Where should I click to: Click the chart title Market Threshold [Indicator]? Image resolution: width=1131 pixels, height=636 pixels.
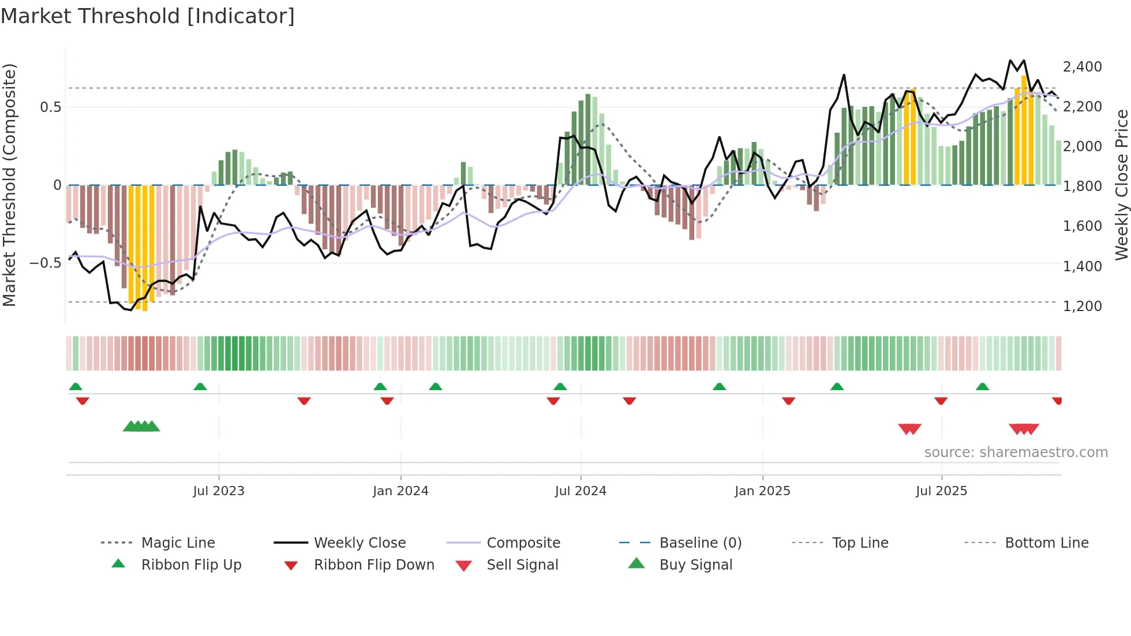148,16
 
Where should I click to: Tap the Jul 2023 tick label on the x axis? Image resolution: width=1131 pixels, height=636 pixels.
219,491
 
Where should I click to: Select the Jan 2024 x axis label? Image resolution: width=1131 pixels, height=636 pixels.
400,491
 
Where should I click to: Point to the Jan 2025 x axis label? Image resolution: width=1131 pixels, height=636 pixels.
762,491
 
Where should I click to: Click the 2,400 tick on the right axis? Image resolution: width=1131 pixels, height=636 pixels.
1082,67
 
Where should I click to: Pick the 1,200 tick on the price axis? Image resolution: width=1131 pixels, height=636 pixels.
1082,306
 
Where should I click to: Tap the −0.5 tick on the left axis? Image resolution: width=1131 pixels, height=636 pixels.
45,263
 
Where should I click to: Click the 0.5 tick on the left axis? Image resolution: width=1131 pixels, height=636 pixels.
50,107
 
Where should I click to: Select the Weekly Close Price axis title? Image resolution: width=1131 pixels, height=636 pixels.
1121,185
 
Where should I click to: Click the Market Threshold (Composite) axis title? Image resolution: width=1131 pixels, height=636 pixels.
9,185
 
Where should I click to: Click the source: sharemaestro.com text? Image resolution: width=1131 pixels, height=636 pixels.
1016,452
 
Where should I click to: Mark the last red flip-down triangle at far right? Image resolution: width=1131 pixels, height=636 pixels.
1057,401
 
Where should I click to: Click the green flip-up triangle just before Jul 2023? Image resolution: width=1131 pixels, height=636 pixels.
200,387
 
